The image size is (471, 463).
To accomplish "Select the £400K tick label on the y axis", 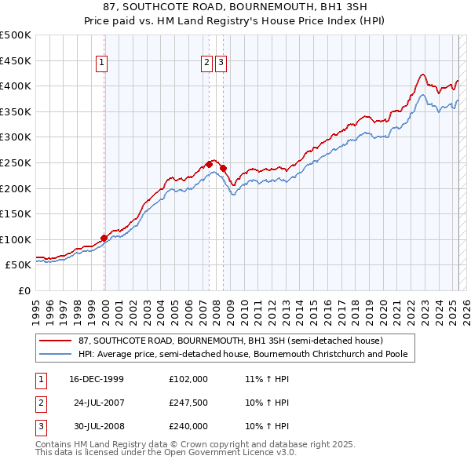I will [16, 86].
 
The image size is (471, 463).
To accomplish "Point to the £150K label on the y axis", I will [16, 213].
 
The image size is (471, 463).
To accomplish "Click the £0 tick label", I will [24, 290].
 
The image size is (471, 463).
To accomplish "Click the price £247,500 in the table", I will [188, 403].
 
